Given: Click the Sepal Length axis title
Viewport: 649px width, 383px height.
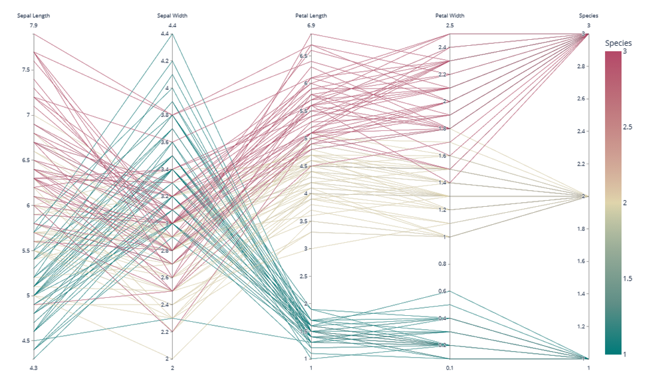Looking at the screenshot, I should pos(33,15).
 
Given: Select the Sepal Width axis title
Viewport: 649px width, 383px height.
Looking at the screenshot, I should pos(172,15).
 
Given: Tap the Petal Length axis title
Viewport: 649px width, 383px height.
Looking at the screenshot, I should pos(311,15).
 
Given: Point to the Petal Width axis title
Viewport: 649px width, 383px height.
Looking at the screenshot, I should pos(450,15).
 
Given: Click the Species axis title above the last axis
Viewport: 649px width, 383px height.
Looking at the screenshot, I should pos(588,15).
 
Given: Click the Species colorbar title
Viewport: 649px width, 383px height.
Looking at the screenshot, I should pos(618,43).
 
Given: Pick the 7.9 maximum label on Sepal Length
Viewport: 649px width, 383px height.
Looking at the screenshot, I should pos(33,25).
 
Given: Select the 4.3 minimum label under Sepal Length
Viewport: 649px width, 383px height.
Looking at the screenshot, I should pos(33,368).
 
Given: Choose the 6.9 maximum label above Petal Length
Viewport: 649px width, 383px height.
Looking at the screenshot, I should pos(311,25).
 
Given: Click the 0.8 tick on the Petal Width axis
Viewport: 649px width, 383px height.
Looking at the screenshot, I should pos(441,264).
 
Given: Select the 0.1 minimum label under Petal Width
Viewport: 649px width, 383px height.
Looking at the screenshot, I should pos(450,368).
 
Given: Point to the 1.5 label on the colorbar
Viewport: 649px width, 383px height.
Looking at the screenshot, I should pos(628,279).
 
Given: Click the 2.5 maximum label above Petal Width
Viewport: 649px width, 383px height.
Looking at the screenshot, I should pos(450,25).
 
